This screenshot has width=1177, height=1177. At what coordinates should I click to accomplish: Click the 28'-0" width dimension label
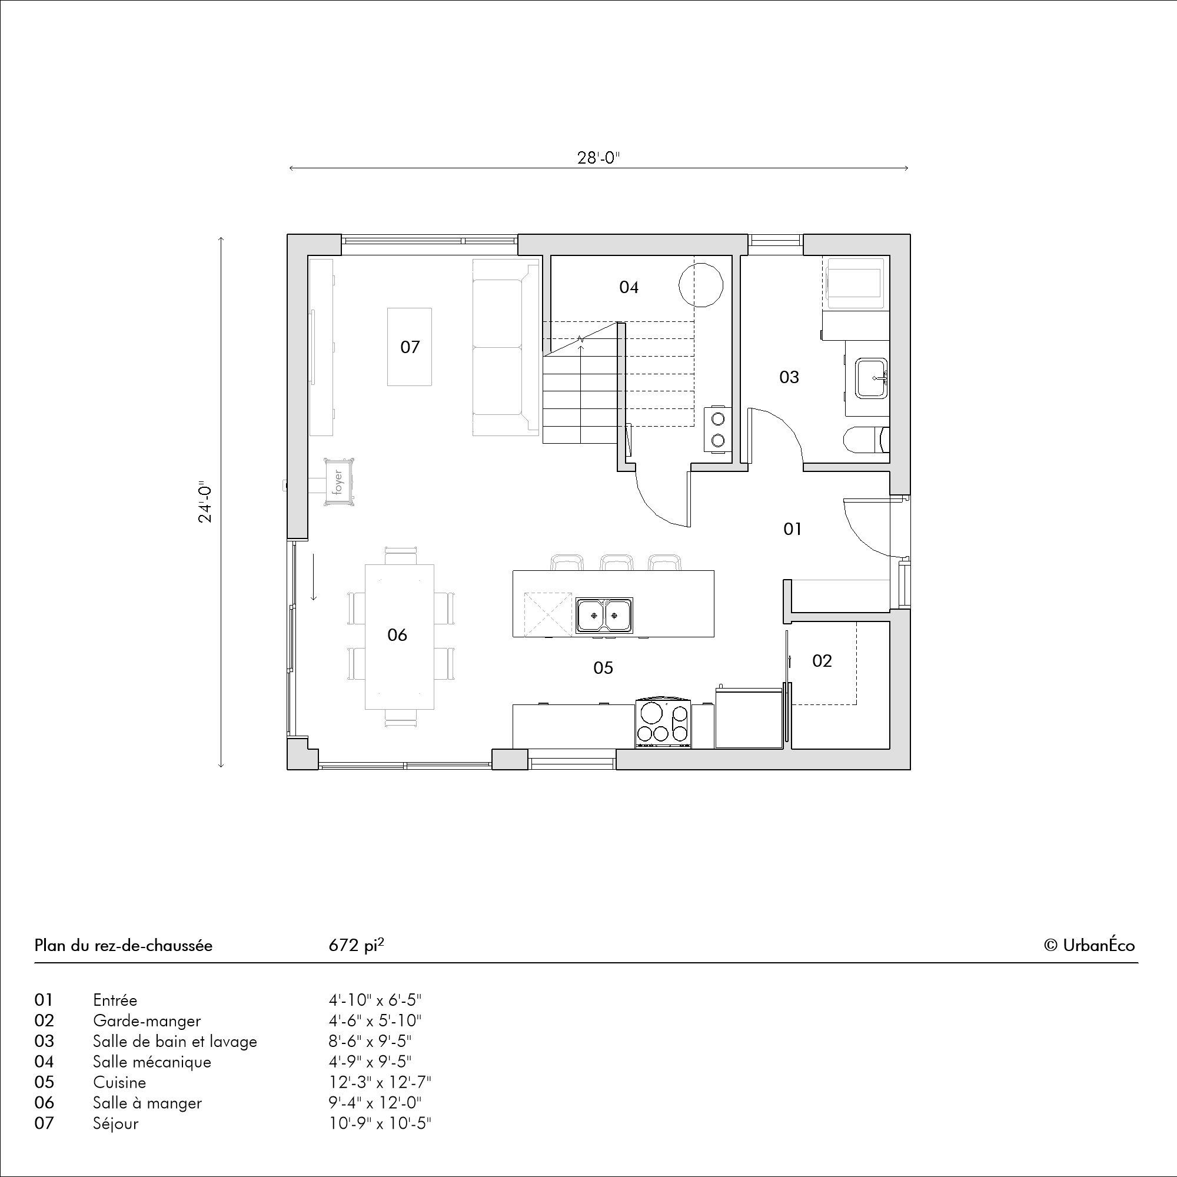click(x=599, y=158)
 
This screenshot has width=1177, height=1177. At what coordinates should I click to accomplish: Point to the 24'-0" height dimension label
click(x=205, y=503)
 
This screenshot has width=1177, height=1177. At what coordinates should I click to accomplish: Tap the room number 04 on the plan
click(x=629, y=287)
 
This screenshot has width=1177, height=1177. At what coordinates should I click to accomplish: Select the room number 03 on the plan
click(x=789, y=377)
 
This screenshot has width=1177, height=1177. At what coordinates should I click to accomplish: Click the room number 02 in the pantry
click(x=822, y=660)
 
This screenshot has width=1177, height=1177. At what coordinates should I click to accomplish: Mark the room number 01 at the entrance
click(x=792, y=529)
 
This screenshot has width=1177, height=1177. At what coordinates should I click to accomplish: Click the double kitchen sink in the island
click(x=604, y=616)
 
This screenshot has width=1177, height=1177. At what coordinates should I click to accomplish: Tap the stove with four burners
click(x=663, y=723)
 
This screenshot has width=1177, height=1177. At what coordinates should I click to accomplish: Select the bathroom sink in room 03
click(x=871, y=378)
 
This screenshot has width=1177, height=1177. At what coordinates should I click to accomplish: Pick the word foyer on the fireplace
click(x=338, y=482)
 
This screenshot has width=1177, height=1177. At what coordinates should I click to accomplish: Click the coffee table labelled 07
click(x=410, y=347)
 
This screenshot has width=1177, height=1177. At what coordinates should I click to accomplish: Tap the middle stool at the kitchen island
click(x=616, y=562)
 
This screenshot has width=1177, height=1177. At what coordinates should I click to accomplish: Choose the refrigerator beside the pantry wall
click(x=749, y=717)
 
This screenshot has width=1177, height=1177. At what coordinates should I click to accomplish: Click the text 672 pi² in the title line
click(x=357, y=945)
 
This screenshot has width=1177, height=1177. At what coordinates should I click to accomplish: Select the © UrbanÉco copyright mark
click(x=1089, y=945)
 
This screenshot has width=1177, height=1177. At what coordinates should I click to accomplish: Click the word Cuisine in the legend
click(x=119, y=1082)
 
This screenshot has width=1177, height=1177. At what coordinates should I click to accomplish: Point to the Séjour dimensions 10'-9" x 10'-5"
click(x=380, y=1123)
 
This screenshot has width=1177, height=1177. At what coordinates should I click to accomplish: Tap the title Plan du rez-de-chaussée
click(x=124, y=946)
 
